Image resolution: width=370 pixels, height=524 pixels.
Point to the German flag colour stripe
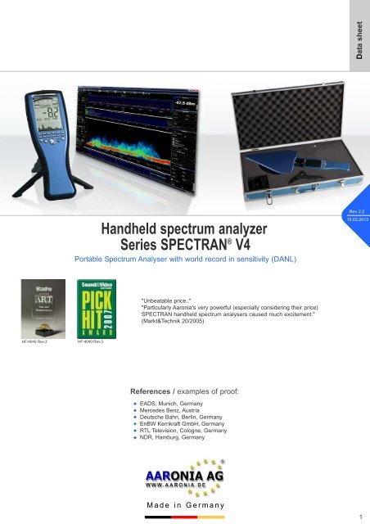click(184, 517)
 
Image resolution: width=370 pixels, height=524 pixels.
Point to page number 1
click(360, 517)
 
